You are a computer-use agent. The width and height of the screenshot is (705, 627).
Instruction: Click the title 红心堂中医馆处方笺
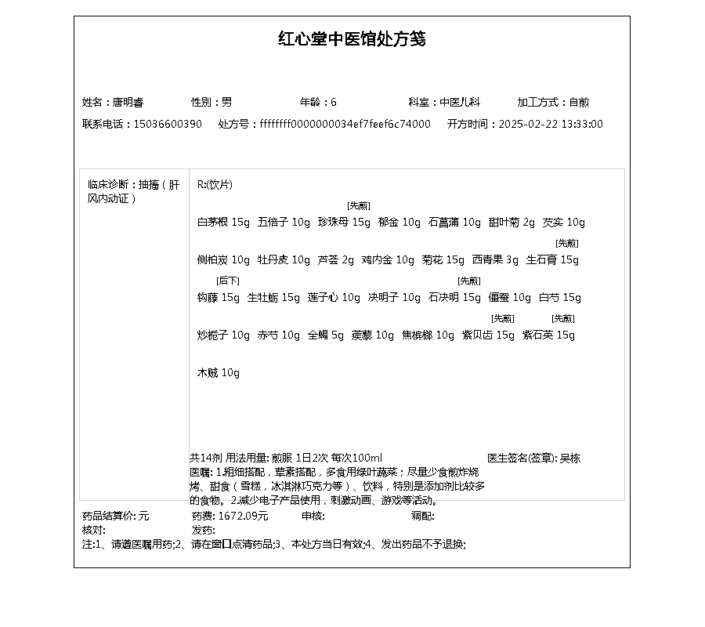pyautogui.click(x=352, y=39)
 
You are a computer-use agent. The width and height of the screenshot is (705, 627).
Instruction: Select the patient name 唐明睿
pyautogui.click(x=128, y=102)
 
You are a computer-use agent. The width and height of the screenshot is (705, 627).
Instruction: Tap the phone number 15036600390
pyautogui.click(x=168, y=124)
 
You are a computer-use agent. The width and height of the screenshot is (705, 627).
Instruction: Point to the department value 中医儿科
pyautogui.click(x=460, y=102)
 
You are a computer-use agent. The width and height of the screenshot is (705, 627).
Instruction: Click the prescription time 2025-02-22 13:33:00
pyautogui.click(x=551, y=124)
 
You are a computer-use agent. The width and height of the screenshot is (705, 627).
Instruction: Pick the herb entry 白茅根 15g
pyautogui.click(x=223, y=223)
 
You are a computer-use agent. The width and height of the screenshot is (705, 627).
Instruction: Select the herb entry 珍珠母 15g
pyautogui.click(x=344, y=223)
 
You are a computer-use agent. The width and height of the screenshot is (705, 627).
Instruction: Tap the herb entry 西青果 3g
pyautogui.click(x=495, y=260)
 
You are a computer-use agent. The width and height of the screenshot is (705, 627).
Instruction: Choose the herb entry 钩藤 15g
pyautogui.click(x=219, y=298)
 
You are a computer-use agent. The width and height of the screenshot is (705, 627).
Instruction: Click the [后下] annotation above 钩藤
pyautogui.click(x=228, y=281)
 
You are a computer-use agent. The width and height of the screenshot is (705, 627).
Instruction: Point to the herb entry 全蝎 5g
pyautogui.click(x=326, y=335)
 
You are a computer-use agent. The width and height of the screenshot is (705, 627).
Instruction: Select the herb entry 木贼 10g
pyautogui.click(x=219, y=373)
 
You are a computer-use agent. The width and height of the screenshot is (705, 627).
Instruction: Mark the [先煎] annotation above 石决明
pyautogui.click(x=469, y=281)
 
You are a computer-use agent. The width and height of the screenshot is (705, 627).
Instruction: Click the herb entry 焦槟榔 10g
pyautogui.click(x=428, y=335)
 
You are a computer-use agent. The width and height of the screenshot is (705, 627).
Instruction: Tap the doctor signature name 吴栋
pyautogui.click(x=570, y=458)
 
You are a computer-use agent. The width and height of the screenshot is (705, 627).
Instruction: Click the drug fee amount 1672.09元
pyautogui.click(x=243, y=516)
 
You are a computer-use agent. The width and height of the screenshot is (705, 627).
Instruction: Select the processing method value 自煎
pyautogui.click(x=579, y=102)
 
